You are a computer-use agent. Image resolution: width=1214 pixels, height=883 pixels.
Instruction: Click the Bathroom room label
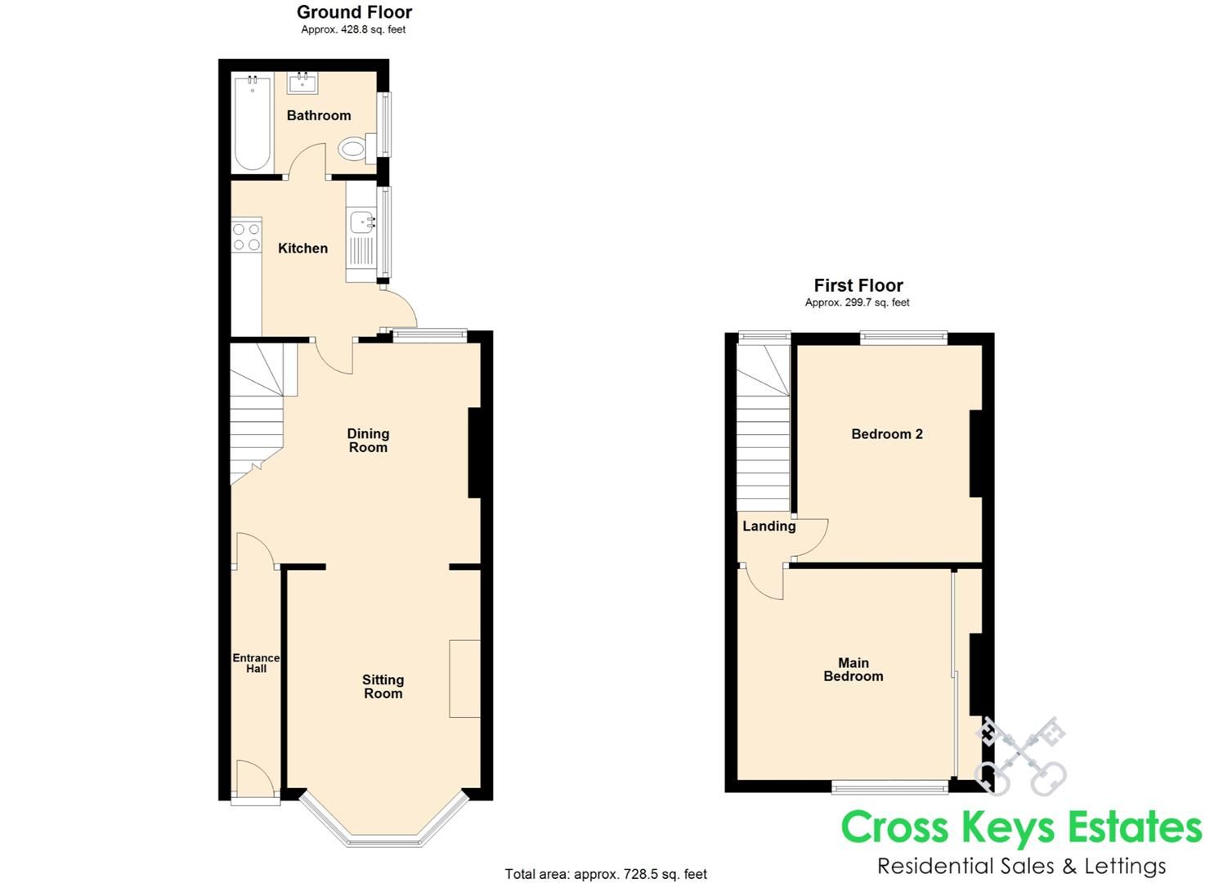coord(318,115)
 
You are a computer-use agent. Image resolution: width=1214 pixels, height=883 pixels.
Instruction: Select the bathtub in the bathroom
coord(253,123)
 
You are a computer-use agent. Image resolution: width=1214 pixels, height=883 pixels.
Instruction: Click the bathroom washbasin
coord(302,82)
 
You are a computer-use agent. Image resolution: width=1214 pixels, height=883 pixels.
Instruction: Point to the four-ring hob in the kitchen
coord(246,237)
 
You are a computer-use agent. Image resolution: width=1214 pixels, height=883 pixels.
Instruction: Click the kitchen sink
coord(361,222)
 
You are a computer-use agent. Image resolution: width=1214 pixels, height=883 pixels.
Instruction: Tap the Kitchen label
coord(302,249)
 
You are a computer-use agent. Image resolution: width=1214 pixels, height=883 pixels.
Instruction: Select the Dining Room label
coord(368,441)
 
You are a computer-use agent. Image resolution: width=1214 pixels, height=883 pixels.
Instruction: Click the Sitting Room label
coord(383,687)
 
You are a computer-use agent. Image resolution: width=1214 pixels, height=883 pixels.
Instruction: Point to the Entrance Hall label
coord(256,663)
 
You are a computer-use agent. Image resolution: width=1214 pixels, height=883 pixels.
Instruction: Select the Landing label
coord(768,527)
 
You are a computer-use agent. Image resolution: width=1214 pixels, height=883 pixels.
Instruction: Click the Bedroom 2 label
coord(887,434)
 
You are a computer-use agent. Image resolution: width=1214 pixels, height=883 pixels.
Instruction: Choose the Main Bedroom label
coord(853,670)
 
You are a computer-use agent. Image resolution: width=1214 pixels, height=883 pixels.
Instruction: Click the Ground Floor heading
coord(354,12)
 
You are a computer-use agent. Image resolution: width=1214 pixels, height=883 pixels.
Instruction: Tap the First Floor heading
coord(858,285)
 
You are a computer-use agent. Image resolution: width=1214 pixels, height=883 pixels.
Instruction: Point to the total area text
coord(606,874)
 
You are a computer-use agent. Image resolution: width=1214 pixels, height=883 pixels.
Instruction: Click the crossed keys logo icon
coord(1022,756)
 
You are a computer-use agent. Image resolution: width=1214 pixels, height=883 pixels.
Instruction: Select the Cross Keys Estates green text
coord(1021,827)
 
